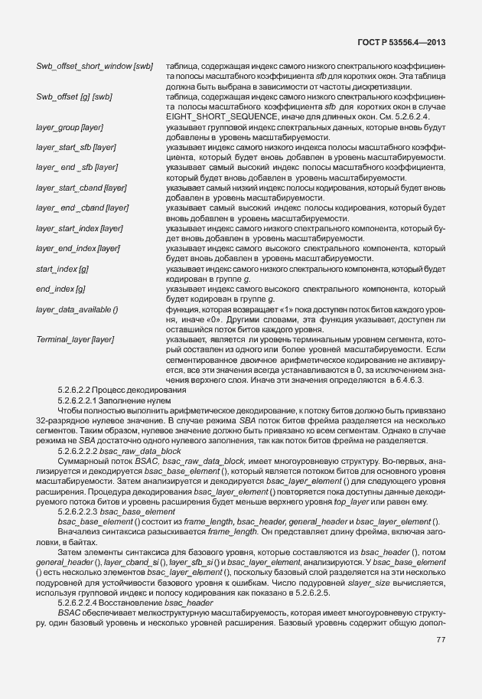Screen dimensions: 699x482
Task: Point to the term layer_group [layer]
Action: tap(69, 126)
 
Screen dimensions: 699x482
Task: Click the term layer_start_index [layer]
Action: tap(80, 228)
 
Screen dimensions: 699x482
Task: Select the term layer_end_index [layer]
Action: tap(78, 248)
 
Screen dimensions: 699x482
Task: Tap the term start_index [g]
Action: tap(62, 269)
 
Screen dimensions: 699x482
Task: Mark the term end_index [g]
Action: tap(60, 289)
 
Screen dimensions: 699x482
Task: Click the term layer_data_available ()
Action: tap(77, 309)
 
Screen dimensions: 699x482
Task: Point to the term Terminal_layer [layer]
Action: tap(75, 338)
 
